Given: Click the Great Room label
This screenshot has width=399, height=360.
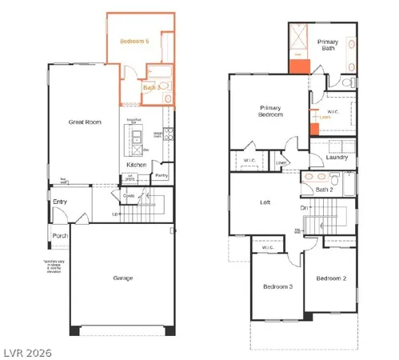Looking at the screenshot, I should [x=85, y=122].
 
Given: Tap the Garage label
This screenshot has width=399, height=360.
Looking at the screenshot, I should [x=122, y=278].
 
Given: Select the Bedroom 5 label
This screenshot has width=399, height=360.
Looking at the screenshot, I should [x=135, y=40].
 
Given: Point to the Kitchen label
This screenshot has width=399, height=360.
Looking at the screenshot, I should [x=136, y=166].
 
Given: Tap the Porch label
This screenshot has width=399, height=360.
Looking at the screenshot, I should [x=60, y=235].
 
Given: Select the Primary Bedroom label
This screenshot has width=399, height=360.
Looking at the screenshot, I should [x=272, y=111].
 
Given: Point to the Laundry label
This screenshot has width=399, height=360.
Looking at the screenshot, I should [x=337, y=158].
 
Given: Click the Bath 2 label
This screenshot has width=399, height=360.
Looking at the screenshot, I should [x=324, y=190].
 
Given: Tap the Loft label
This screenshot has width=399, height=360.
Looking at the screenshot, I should [x=265, y=202].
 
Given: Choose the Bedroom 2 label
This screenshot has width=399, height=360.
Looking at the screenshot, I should [x=330, y=278].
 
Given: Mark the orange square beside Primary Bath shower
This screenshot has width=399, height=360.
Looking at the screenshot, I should [x=300, y=67].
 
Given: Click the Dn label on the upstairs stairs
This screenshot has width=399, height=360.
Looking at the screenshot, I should [x=305, y=208].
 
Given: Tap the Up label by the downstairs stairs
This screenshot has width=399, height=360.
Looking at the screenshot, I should [x=115, y=215].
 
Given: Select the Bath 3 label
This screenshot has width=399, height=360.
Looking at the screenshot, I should [x=154, y=86].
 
